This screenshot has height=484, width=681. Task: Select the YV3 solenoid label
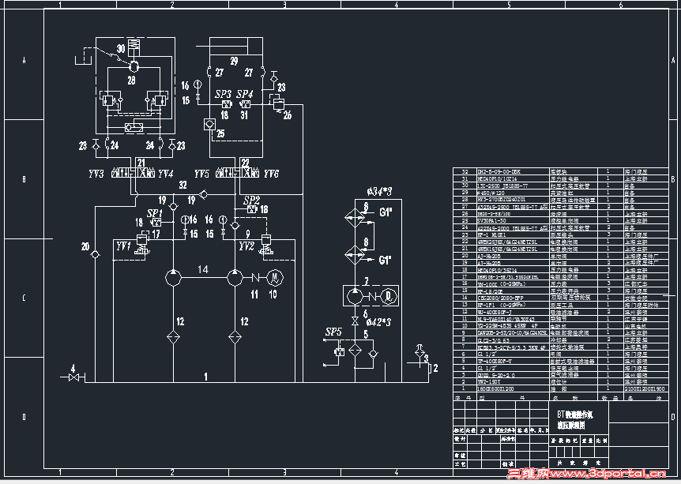pos(97,174)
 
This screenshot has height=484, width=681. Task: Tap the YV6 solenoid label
pos(271,174)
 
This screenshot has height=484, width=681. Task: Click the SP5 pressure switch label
pos(333,332)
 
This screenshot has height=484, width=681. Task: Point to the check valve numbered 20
pos(95,254)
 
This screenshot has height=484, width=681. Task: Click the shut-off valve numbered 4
pos(75,378)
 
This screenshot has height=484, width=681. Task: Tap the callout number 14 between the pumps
pos(203,270)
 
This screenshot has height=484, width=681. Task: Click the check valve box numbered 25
pos(209,124)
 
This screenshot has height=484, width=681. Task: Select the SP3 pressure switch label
pos(224,94)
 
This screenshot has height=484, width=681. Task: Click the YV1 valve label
pos(123,246)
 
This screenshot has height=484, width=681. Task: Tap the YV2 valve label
pos(246,246)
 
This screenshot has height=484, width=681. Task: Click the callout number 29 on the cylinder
pos(234,62)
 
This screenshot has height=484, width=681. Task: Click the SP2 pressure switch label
pos(252,199)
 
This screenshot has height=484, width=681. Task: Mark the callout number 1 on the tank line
pos(205,378)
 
